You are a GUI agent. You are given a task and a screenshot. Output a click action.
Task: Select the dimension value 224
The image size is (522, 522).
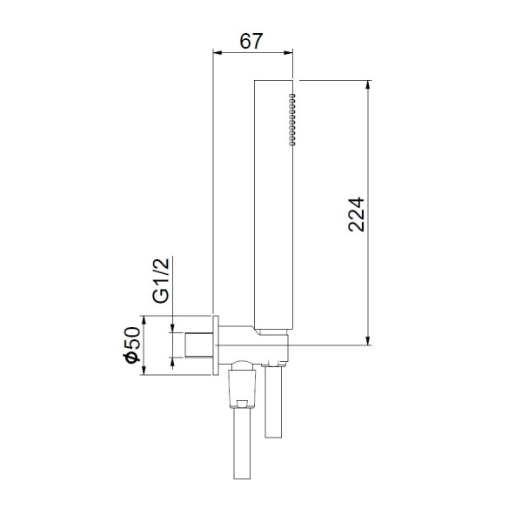(x=354, y=213)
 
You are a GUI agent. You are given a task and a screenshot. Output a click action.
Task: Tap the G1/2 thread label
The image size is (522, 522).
(x=160, y=280)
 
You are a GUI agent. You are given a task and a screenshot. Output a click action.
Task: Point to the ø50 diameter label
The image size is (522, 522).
(x=131, y=346)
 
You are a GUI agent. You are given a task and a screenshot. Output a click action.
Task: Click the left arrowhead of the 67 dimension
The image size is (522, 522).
(x=218, y=52)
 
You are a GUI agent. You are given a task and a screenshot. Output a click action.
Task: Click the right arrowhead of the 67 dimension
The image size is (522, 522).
(x=291, y=52)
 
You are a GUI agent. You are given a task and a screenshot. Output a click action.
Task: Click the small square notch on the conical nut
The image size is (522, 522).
(x=243, y=402)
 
